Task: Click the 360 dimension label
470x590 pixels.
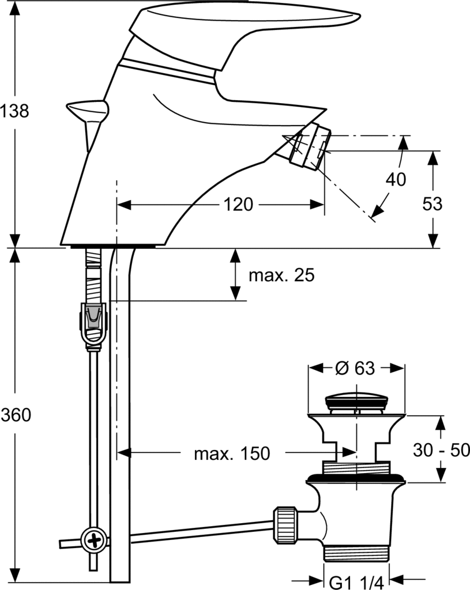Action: pyautogui.click(x=14, y=414)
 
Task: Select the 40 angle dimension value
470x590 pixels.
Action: pyautogui.click(x=396, y=179)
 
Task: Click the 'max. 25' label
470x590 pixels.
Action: pyautogui.click(x=281, y=275)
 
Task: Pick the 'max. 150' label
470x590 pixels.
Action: pyautogui.click(x=232, y=453)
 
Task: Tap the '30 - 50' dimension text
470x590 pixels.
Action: pyautogui.click(x=442, y=449)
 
